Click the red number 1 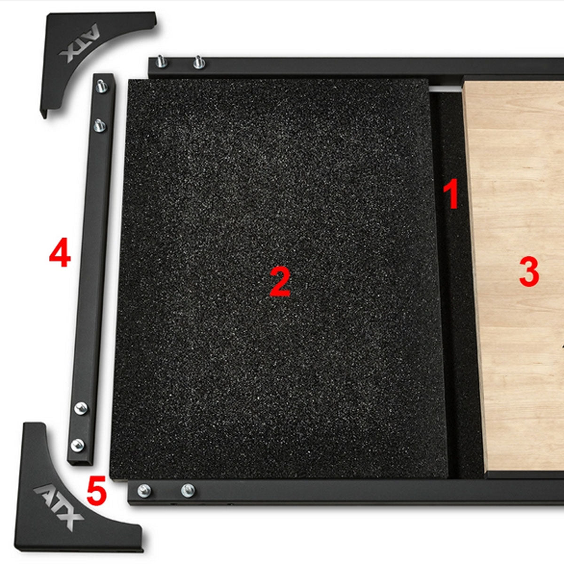click(451, 194)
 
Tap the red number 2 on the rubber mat click(280, 281)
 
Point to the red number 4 click(60, 253)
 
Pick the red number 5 click(96, 491)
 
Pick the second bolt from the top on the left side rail click(99, 125)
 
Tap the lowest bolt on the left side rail click(78, 443)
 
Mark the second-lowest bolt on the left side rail click(81, 408)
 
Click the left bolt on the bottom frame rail click(144, 491)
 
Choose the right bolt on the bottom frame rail click(188, 490)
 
